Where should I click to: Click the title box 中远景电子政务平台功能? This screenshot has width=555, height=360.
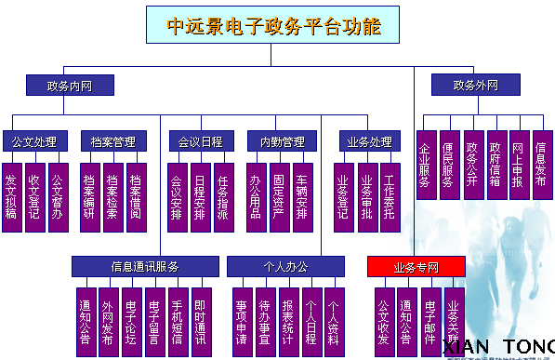pos(273,25)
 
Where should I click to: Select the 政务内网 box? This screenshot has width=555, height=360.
pos(70,86)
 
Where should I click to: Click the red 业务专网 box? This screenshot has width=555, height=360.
pos(416,267)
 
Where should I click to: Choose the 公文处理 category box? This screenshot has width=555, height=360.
pos(34,141)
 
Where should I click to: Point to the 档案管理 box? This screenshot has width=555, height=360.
pos(113,141)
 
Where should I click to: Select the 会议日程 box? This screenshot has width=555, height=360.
pos(200,141)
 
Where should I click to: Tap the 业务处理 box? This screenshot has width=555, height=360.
pos(369,141)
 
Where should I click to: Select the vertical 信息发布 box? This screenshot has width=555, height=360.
pos(542,163)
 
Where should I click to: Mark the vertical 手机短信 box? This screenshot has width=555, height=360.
pos(178,322)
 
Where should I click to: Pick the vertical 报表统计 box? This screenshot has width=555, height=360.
pos(287,322)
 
